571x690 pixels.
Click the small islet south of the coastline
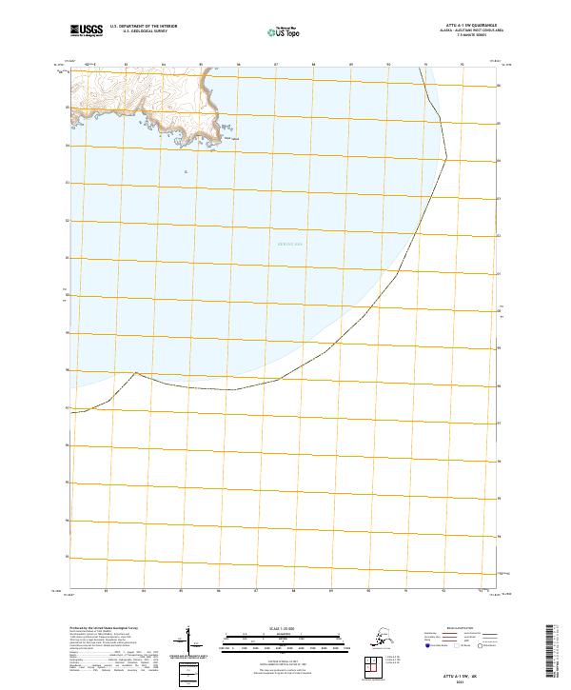coord(186,171)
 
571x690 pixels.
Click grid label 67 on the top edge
coord(275,66)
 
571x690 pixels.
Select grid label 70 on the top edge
coord(388,66)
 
